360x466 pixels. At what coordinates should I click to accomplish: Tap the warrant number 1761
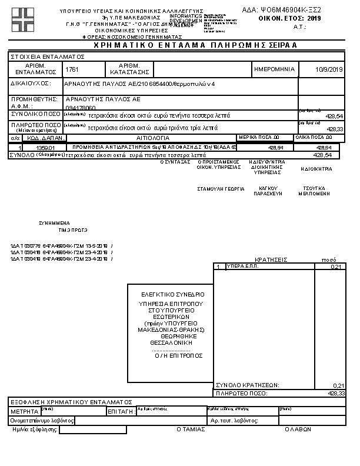click(72, 69)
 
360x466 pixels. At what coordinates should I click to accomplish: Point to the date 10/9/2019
click(329, 69)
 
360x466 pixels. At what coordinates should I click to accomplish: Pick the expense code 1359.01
click(45, 148)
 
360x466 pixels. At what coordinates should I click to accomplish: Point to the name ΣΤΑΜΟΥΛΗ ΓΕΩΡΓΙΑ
click(221, 190)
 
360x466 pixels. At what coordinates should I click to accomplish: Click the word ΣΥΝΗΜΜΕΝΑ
click(54, 224)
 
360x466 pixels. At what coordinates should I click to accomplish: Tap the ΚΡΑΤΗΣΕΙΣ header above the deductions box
click(271, 259)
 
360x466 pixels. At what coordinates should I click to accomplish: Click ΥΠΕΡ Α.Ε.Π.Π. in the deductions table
click(243, 267)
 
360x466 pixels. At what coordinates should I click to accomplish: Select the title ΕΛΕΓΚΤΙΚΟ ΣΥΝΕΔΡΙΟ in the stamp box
click(173, 294)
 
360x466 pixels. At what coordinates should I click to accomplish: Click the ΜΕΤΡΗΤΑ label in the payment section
click(24, 411)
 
